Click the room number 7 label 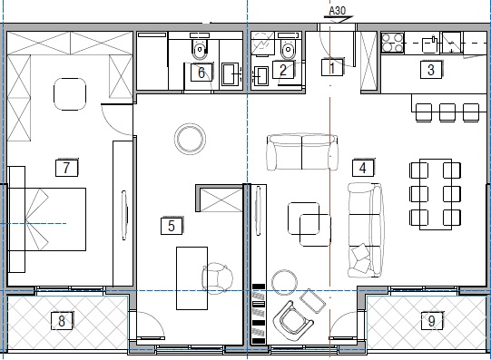[x=66, y=168]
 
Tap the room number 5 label [x=172, y=226]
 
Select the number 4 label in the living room [x=363, y=168]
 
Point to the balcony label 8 [x=62, y=321]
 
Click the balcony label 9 [x=431, y=321]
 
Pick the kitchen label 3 [x=431, y=70]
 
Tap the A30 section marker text [x=338, y=11]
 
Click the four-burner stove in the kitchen [x=392, y=43]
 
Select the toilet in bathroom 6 [x=200, y=49]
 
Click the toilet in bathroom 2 [x=288, y=49]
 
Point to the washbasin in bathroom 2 [x=260, y=75]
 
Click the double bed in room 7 [x=47, y=219]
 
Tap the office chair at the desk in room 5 [x=217, y=277]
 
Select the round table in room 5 [x=190, y=139]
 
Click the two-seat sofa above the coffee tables [x=302, y=152]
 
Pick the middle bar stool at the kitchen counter [x=447, y=112]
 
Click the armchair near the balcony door [x=293, y=321]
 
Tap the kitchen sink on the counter [x=429, y=44]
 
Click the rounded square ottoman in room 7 [x=70, y=94]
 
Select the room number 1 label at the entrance [x=332, y=67]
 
